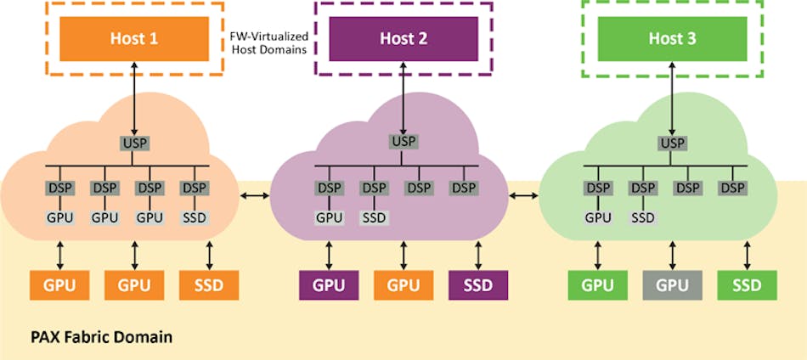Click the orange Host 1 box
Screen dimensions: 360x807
133,38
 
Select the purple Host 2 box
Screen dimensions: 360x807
403,38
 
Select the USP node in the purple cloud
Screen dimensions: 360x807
403,141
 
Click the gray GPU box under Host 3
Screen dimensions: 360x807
672,285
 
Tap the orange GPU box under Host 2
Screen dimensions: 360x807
403,285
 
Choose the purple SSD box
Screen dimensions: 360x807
477,285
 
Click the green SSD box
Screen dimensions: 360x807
747,285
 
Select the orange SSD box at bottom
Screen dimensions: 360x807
208,285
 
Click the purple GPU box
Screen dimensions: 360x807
328,285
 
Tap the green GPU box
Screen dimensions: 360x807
598,285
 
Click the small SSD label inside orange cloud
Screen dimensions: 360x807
195,217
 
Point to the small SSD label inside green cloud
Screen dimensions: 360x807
643,217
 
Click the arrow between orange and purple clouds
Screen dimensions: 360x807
255,197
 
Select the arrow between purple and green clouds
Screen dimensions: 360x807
523,197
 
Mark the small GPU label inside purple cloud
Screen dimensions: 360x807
329,217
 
